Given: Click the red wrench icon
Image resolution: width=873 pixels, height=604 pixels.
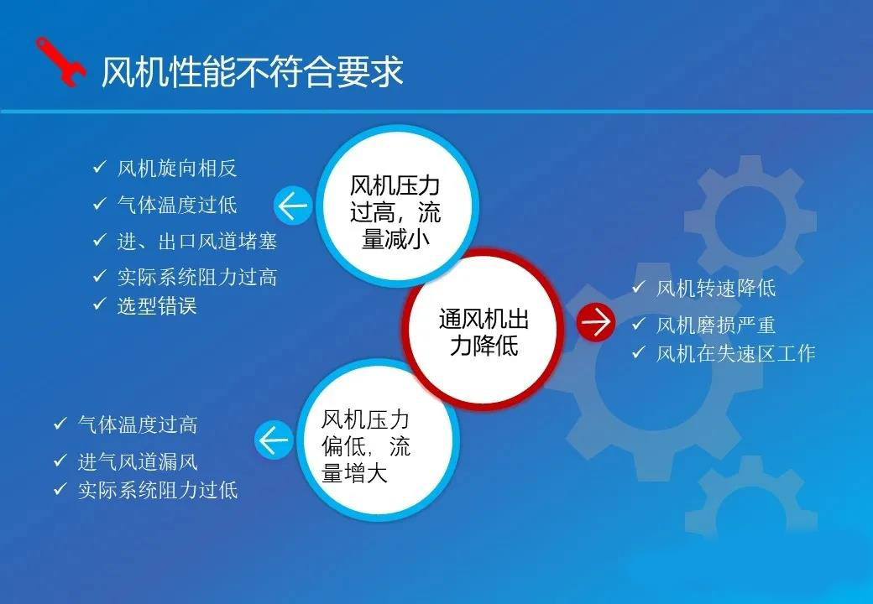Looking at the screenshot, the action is click(x=60, y=62).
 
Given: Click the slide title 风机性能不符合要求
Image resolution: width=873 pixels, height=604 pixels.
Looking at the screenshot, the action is click(x=252, y=72).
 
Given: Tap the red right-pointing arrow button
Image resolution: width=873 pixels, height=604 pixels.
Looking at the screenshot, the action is click(x=595, y=322).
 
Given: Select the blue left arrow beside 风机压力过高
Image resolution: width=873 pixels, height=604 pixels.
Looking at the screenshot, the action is click(x=293, y=206).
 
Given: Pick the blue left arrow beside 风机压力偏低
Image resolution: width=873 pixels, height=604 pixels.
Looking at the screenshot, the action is click(x=274, y=440).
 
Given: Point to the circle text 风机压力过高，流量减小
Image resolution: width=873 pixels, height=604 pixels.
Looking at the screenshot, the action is click(x=395, y=212).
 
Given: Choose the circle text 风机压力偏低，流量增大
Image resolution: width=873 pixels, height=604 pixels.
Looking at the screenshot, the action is click(x=366, y=446).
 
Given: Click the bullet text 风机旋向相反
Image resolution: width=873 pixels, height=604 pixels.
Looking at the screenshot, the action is click(x=177, y=168).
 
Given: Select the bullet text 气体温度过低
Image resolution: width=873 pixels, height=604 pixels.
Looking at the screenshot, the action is click(x=177, y=205).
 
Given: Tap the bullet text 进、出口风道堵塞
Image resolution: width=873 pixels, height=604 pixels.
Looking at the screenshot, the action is click(x=197, y=242).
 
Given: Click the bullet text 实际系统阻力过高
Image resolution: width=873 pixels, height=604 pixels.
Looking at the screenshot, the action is click(x=197, y=277).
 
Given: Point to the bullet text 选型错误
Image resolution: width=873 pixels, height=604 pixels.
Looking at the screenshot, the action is click(x=157, y=306).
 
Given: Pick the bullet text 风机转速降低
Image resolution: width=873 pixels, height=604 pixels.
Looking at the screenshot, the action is click(x=716, y=288).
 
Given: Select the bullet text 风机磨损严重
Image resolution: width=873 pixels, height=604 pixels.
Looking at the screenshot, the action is click(x=716, y=325).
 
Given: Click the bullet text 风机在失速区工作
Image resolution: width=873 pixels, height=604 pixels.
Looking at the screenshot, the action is click(x=736, y=353).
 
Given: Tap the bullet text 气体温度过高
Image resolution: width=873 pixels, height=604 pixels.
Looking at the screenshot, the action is click(x=138, y=425).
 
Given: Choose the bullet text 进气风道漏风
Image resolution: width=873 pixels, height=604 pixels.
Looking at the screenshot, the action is click(x=138, y=461).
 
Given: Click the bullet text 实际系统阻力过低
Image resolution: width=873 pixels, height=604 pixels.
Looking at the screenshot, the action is click(x=158, y=490).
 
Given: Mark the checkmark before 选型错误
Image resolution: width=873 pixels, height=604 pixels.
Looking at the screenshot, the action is click(x=99, y=305).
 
